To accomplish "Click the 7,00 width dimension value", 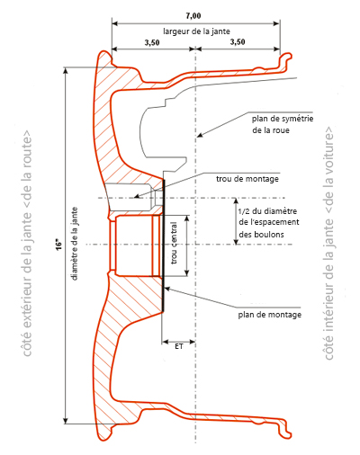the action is click(193, 15).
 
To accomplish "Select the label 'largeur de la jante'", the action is click(196, 31).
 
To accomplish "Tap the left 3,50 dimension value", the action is click(152, 42).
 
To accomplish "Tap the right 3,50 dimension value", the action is click(238, 41).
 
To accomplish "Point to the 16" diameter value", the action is click(59, 245).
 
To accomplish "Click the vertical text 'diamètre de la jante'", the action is click(75, 244).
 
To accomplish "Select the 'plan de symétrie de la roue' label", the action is click(283, 124).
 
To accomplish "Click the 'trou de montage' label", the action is click(247, 179).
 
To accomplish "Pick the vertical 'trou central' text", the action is click(174, 243).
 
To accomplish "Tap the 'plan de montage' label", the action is click(270, 315).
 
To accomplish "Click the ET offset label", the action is click(179, 346).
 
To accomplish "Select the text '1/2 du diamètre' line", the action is click(267, 211).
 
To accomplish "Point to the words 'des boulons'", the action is click(261, 234).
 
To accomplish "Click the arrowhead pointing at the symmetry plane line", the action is click(200, 135).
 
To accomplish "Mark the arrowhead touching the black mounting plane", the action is click(167, 289).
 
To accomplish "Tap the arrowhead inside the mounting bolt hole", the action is click(137, 196).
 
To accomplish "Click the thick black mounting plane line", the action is click(164, 245).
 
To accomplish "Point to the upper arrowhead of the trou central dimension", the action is click(187, 219).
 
